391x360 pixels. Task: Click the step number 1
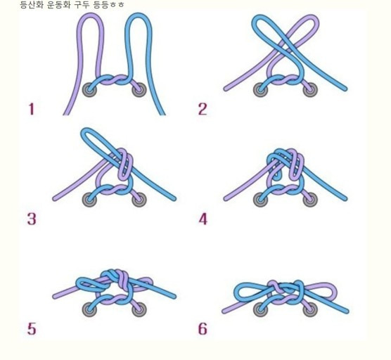click(31, 109)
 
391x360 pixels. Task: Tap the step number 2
click(203, 109)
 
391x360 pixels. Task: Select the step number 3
click(32, 219)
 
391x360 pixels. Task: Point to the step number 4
click(203, 219)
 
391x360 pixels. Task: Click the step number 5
click(32, 328)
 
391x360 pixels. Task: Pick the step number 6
click(203, 328)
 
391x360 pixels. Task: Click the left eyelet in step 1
click(89, 90)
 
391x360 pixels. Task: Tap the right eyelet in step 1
click(139, 90)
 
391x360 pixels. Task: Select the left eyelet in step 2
click(260, 90)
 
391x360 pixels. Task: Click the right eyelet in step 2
click(310, 90)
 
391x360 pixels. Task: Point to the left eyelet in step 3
click(89, 200)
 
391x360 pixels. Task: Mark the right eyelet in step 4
click(310, 200)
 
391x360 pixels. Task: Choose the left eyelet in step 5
click(89, 309)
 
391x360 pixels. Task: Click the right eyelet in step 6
click(310, 310)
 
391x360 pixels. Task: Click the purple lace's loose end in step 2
click(226, 89)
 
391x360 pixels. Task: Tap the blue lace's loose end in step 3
click(174, 198)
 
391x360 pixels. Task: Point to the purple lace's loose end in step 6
click(224, 311)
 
